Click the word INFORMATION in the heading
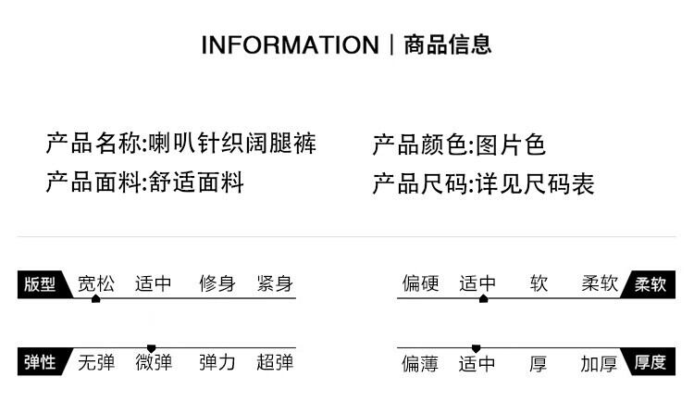[x=290, y=44]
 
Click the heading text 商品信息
[x=448, y=44]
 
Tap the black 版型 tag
[x=40, y=284]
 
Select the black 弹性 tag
[x=40, y=362]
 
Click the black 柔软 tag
[x=651, y=284]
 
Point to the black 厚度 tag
[x=651, y=362]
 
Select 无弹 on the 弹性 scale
[x=96, y=362]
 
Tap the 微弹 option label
[x=154, y=362]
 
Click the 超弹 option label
[x=275, y=362]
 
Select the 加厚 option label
[x=599, y=363]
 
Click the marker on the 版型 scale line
[x=95, y=299]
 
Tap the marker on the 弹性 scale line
[x=152, y=347]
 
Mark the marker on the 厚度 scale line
[x=477, y=347]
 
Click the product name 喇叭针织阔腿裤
[x=233, y=144]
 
